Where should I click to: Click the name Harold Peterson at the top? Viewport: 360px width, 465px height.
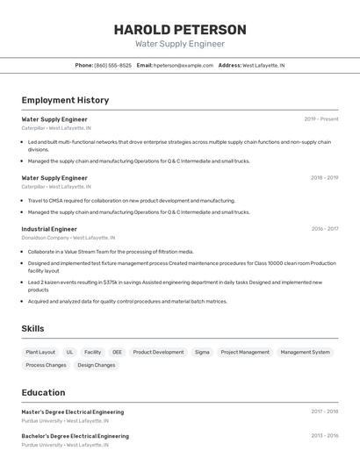(x=180, y=30)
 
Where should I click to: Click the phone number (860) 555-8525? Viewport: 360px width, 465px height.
(x=112, y=65)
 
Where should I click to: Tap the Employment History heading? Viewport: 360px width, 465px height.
(x=65, y=100)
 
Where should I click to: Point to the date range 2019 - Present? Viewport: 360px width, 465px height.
(x=320, y=119)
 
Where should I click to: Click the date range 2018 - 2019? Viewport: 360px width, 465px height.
(x=324, y=178)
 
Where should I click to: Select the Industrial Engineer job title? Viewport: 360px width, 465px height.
(x=49, y=229)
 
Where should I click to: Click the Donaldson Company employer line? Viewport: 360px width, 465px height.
(x=68, y=238)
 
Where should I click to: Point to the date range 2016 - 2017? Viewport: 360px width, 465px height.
(x=324, y=229)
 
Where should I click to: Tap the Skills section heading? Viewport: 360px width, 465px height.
(x=32, y=328)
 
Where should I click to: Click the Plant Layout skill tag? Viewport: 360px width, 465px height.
(x=40, y=352)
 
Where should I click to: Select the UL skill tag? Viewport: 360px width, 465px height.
(x=70, y=352)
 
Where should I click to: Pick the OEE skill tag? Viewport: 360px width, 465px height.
(x=117, y=352)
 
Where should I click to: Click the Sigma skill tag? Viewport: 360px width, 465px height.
(x=202, y=352)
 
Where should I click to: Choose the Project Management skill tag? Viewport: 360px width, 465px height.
(x=245, y=352)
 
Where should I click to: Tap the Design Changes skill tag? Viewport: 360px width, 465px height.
(x=96, y=365)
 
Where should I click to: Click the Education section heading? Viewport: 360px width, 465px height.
(x=43, y=392)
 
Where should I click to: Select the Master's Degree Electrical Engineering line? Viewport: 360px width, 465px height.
(x=73, y=411)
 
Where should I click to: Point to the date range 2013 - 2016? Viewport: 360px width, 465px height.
(x=324, y=435)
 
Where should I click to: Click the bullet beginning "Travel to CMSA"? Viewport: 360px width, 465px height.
(x=131, y=200)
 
